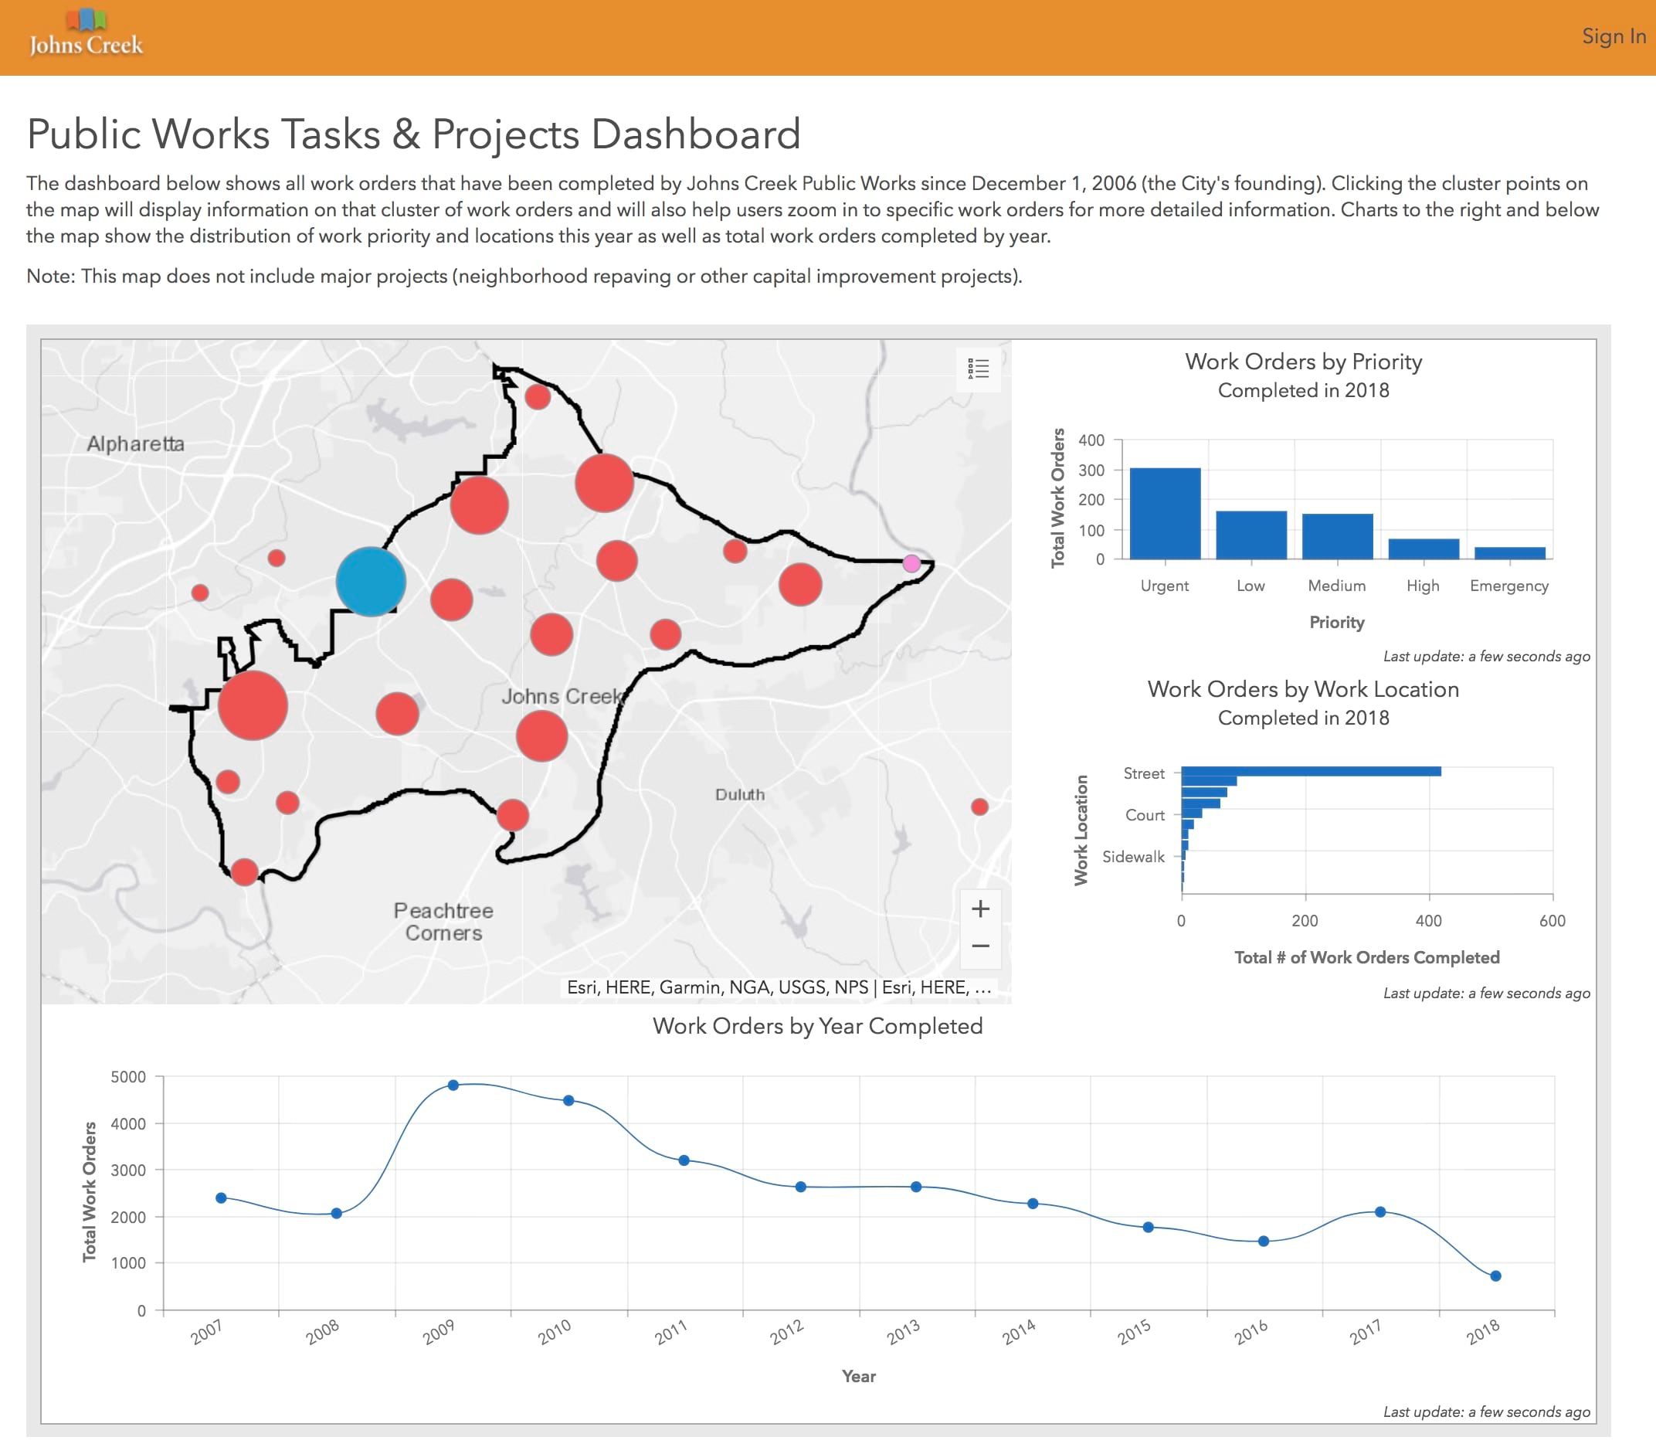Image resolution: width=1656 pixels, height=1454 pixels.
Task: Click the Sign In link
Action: tap(1612, 36)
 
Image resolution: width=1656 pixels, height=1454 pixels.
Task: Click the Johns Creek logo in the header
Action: tap(86, 36)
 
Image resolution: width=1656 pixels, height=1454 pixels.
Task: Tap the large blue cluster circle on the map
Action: tap(370, 581)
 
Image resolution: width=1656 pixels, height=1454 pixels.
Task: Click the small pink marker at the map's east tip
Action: tap(911, 563)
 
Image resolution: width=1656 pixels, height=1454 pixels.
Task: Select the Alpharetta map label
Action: tap(135, 443)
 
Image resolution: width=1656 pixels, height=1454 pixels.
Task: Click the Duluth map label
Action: tap(739, 794)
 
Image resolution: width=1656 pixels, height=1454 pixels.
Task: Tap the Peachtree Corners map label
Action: tap(443, 922)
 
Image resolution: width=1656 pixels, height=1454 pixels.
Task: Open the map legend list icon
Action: tap(978, 369)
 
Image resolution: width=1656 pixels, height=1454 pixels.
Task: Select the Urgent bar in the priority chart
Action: tap(1164, 514)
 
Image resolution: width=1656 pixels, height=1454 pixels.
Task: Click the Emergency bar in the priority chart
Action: tap(1508, 552)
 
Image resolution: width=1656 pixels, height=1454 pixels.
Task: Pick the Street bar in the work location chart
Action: tap(1310, 771)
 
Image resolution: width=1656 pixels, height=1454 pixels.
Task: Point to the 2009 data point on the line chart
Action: tap(453, 1085)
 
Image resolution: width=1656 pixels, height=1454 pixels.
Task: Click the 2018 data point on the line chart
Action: tap(1495, 1276)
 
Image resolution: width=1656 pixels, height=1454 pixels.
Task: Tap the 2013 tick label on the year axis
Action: tap(903, 1332)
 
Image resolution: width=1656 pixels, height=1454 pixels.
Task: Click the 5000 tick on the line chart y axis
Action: tap(128, 1077)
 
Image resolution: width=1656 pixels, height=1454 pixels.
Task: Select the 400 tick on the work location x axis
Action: tap(1427, 921)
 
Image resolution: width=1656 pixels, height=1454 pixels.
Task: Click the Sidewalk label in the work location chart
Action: tap(1132, 857)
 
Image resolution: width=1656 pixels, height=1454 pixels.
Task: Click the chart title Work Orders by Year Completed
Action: tap(816, 1026)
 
